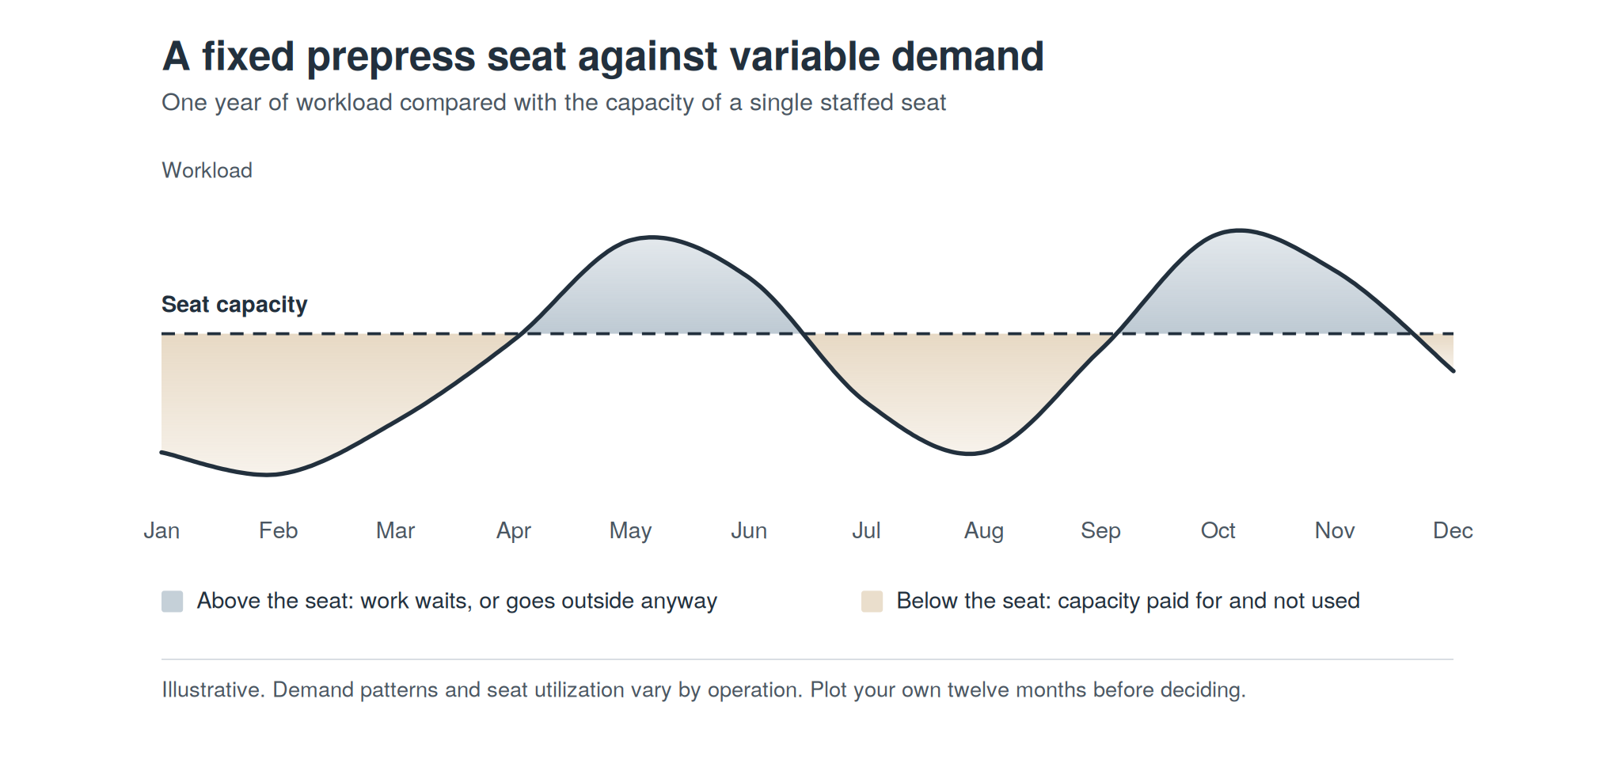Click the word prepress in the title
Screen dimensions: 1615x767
(391, 58)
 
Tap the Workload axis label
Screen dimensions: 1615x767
(207, 170)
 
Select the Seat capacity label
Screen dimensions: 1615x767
(234, 305)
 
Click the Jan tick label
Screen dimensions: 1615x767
(161, 530)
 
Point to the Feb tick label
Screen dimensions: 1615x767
(279, 530)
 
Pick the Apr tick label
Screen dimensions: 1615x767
(514, 531)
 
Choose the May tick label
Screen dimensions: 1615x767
(631, 531)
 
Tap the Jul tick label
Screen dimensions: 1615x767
(866, 530)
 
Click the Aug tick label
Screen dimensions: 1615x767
(983, 531)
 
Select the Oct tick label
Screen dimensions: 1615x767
(1218, 530)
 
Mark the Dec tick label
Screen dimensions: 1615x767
(1453, 530)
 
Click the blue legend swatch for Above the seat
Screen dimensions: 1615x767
(173, 602)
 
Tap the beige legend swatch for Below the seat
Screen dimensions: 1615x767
(872, 602)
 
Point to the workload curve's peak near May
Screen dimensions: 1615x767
(652, 237)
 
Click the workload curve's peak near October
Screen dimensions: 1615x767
(1239, 230)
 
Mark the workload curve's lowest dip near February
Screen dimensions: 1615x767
(268, 475)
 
